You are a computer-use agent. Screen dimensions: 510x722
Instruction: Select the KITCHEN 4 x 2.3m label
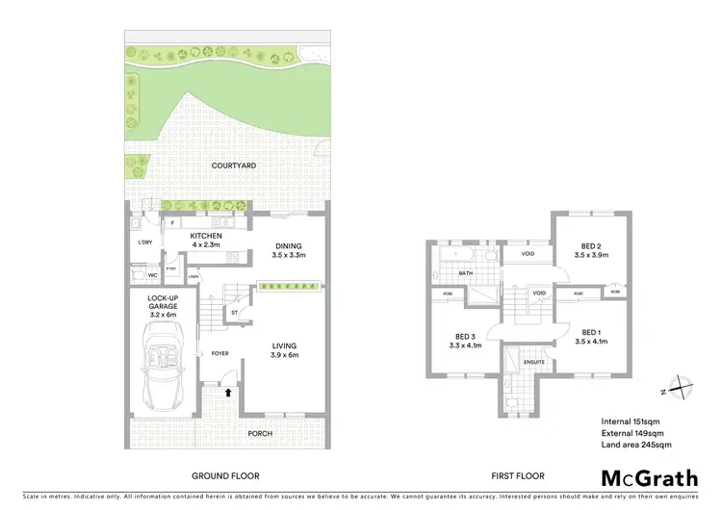[x=205, y=240]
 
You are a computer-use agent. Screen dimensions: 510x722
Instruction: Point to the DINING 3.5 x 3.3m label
[x=289, y=250]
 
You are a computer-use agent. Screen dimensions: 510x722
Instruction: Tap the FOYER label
[x=220, y=353]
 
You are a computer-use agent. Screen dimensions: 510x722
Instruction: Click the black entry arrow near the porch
[x=228, y=392]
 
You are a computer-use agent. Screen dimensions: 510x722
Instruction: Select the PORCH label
[x=259, y=433]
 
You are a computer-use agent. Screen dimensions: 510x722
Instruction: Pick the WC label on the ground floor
[x=152, y=275]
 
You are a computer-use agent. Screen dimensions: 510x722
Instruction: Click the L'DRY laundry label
[x=145, y=242]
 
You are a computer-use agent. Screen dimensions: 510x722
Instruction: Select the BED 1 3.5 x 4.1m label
[x=586, y=336]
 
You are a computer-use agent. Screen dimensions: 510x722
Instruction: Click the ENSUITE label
[x=534, y=362]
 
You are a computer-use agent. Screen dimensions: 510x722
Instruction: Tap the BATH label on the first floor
[x=466, y=272]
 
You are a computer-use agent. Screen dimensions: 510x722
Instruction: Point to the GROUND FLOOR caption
[x=224, y=475]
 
